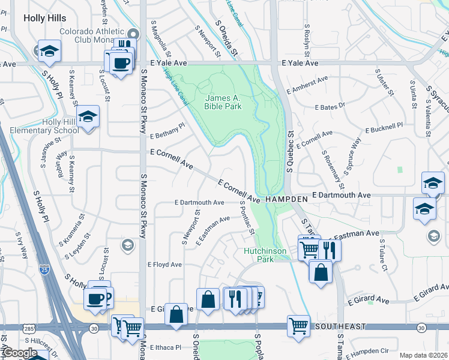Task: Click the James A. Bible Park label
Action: click(x=223, y=102)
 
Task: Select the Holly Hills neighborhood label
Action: click(x=44, y=18)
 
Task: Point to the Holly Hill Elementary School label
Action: click(x=40, y=126)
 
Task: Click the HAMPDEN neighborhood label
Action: click(x=286, y=197)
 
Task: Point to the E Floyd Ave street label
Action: click(x=164, y=265)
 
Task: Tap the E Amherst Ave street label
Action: click(x=307, y=84)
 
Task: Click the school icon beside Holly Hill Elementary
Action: click(x=88, y=117)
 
